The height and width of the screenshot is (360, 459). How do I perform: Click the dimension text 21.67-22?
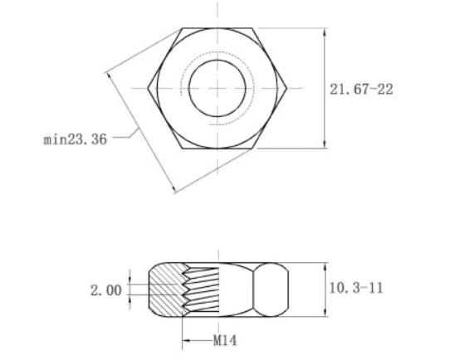point(361,90)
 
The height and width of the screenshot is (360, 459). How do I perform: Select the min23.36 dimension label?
point(76,139)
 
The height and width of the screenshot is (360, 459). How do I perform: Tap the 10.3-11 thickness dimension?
point(356,288)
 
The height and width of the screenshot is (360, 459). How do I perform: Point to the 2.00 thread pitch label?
point(105,290)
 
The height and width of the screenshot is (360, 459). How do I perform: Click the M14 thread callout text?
point(225,340)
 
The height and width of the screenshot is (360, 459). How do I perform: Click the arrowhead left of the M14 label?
point(187,340)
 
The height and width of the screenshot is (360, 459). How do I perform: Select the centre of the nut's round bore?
point(217,88)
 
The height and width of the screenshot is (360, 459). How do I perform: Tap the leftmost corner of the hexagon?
point(148,88)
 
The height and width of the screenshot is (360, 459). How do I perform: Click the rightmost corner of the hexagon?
point(286,88)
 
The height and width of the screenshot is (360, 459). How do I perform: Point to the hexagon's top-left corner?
point(182,28)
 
